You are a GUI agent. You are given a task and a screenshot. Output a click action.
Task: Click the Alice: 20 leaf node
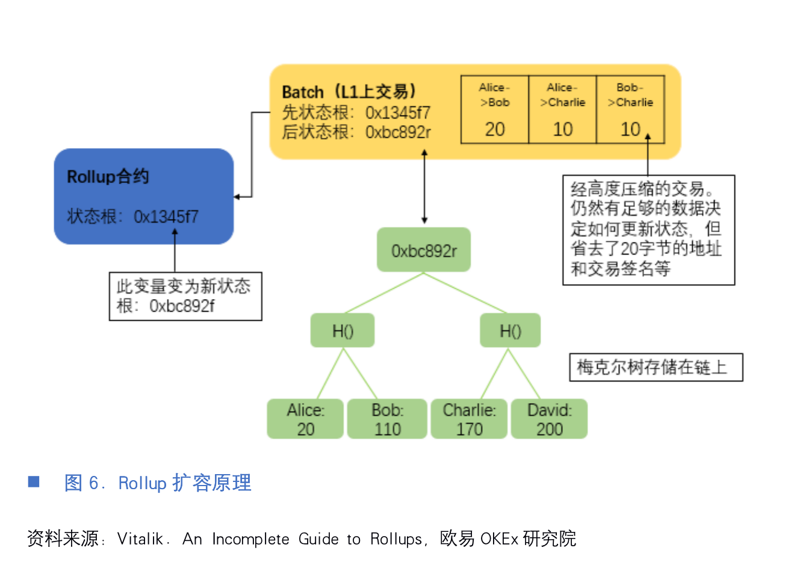click(305, 419)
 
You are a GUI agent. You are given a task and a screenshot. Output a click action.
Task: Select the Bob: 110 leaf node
click(387, 419)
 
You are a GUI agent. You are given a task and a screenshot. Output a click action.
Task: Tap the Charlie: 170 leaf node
click(469, 419)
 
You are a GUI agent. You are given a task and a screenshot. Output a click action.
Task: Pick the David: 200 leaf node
click(549, 419)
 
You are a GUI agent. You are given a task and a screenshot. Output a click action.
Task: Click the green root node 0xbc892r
click(424, 250)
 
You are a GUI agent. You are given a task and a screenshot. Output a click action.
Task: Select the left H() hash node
click(343, 331)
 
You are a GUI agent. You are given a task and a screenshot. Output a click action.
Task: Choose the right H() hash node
click(510, 331)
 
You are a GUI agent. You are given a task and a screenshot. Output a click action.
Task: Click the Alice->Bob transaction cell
click(495, 110)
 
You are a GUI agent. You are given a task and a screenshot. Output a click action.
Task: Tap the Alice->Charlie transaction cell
click(562, 110)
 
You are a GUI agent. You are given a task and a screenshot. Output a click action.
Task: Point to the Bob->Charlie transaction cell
click(630, 110)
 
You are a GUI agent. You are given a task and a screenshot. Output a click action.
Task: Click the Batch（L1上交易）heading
click(349, 92)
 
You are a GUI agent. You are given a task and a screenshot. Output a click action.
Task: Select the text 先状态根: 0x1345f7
click(356, 113)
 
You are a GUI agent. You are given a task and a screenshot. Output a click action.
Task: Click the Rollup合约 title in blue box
click(108, 177)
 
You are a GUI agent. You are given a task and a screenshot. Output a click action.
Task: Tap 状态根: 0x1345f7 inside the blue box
click(132, 217)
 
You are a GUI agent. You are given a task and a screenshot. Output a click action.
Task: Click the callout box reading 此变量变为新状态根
click(185, 296)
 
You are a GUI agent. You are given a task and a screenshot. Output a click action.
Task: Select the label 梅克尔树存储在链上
click(656, 367)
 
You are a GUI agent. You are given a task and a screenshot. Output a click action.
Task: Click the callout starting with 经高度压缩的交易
click(648, 229)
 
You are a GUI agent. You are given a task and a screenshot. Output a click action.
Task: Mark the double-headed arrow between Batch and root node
click(424, 187)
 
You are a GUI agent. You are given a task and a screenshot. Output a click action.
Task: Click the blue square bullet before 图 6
click(34, 481)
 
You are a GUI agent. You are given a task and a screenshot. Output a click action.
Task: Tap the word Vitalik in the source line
click(140, 539)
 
